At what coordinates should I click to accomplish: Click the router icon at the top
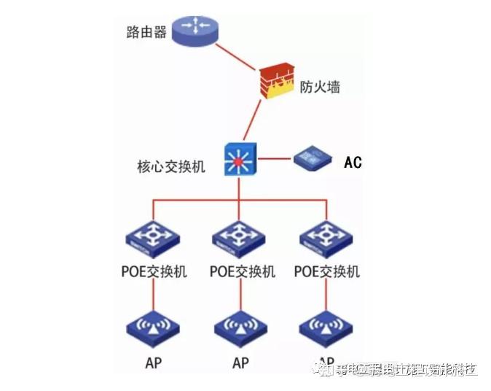(x=196, y=29)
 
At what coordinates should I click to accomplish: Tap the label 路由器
(x=146, y=32)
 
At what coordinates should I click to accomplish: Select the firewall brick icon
(x=276, y=81)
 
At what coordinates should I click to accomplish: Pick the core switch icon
(x=240, y=158)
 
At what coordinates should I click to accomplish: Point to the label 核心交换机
(x=171, y=166)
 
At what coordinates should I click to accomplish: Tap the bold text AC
(x=353, y=162)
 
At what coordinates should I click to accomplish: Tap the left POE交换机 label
(x=154, y=272)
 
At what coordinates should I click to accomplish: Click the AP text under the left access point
(x=153, y=362)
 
